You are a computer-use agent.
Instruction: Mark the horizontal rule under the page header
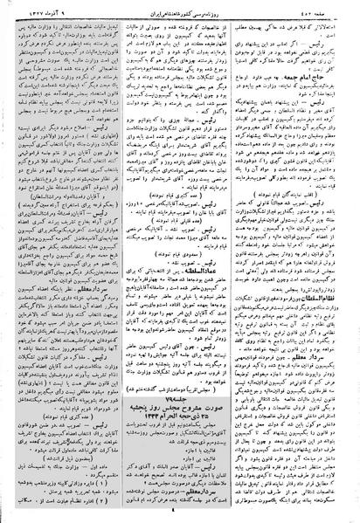180,17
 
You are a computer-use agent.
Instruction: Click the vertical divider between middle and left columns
121,262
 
